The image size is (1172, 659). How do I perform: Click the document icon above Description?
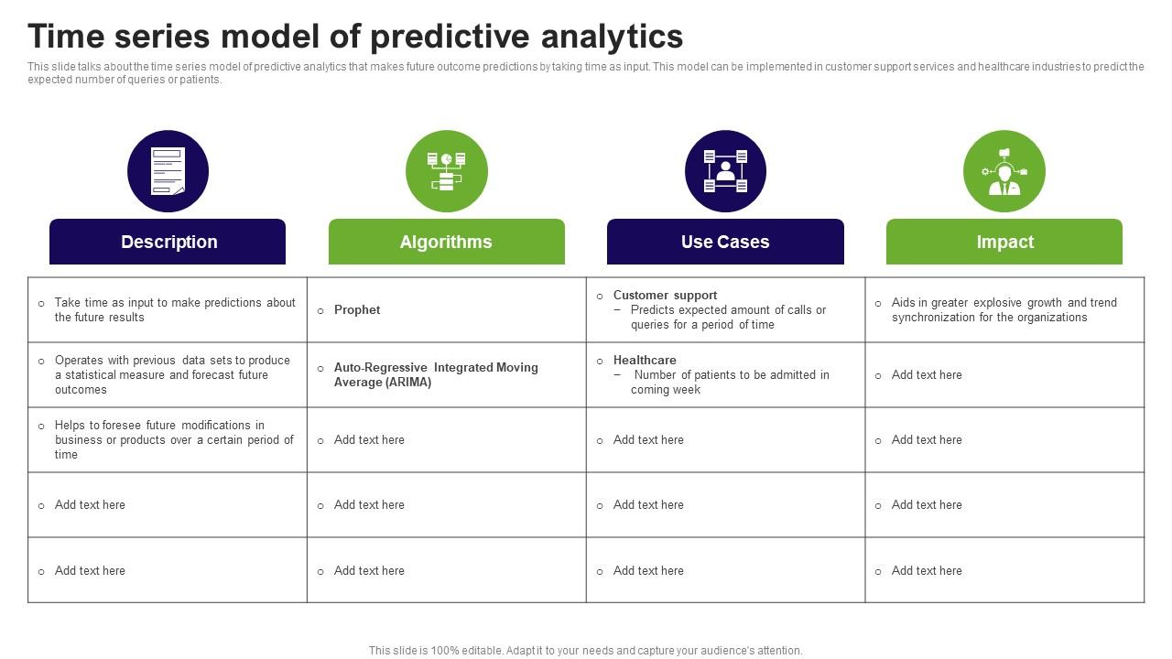pyautogui.click(x=168, y=171)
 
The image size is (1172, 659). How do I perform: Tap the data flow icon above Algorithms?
pyautogui.click(x=446, y=171)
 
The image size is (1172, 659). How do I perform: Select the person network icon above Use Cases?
pyautogui.click(x=725, y=171)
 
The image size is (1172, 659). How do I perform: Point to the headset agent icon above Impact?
pyautogui.click(x=1004, y=171)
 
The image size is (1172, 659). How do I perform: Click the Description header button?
pyautogui.click(x=168, y=242)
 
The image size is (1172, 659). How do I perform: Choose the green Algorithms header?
pyautogui.click(x=446, y=242)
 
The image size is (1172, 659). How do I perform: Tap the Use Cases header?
pyautogui.click(x=725, y=242)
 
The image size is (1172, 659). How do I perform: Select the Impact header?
pyautogui.click(x=1004, y=242)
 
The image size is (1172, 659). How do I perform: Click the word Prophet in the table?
pyautogui.click(x=357, y=310)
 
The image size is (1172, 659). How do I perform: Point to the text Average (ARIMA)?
pyautogui.click(x=383, y=383)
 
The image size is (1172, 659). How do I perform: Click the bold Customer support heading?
pyautogui.click(x=665, y=295)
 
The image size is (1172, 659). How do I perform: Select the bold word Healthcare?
pyautogui.click(x=645, y=360)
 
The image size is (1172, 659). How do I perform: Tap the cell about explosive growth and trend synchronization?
pyautogui.click(x=1004, y=309)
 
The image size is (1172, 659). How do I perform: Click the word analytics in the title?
pyautogui.click(x=612, y=37)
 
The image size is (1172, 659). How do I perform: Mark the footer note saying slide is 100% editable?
pyautogui.click(x=585, y=651)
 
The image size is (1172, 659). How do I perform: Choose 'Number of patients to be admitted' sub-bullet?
pyautogui.click(x=730, y=383)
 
